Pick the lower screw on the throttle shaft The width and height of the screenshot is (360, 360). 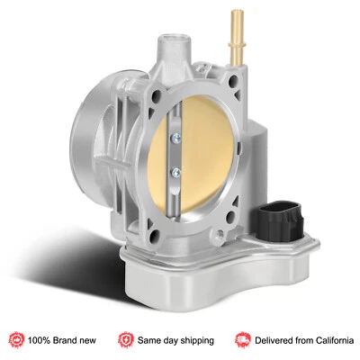click(174, 167)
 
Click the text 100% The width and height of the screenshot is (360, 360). click(41, 339)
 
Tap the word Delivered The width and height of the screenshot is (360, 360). click(274, 339)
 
